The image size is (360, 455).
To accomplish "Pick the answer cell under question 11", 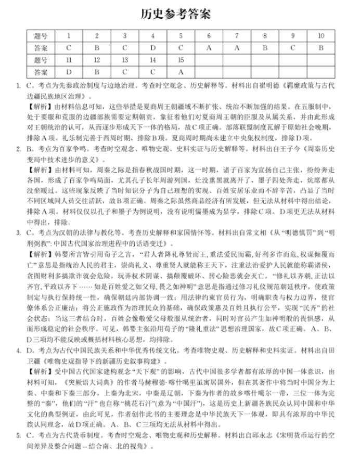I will click(x=68, y=72).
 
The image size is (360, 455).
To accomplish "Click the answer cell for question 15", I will click(x=181, y=72).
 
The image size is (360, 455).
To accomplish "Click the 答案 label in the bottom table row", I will click(x=41, y=72).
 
